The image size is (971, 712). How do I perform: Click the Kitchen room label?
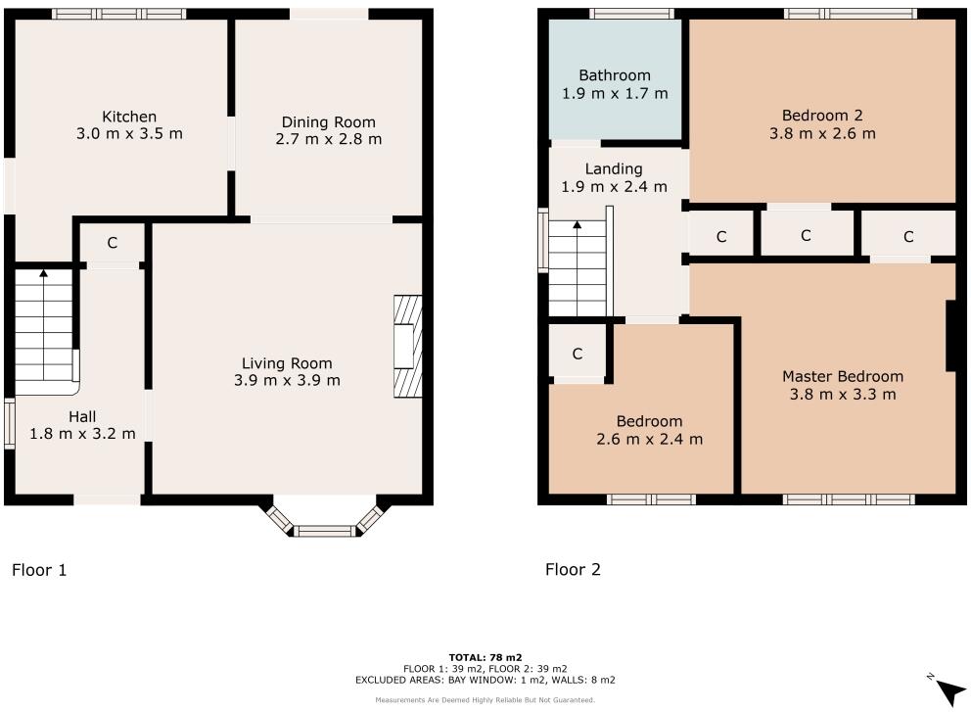point(129,117)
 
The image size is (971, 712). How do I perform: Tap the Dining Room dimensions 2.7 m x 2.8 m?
point(328,139)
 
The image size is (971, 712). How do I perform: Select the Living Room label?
point(287,363)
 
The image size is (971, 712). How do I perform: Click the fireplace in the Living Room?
point(407,347)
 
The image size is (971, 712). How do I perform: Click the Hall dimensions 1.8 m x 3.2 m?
point(81,434)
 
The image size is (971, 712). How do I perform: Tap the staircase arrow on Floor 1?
point(43,275)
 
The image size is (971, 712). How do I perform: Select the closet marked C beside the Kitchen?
point(112,243)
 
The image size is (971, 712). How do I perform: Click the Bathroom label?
point(614,75)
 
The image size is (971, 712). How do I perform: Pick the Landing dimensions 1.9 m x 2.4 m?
point(614,186)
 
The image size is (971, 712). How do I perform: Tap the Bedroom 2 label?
point(822,116)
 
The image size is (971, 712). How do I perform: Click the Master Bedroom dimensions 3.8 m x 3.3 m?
point(843,395)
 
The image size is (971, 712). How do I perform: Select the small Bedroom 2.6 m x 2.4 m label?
point(649,421)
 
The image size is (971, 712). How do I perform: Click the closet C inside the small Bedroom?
point(578,354)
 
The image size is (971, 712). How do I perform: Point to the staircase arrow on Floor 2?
point(578,227)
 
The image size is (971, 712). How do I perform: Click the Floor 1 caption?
point(39,569)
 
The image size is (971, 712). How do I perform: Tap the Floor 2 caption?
point(574,569)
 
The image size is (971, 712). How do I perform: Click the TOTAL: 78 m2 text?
point(485,657)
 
